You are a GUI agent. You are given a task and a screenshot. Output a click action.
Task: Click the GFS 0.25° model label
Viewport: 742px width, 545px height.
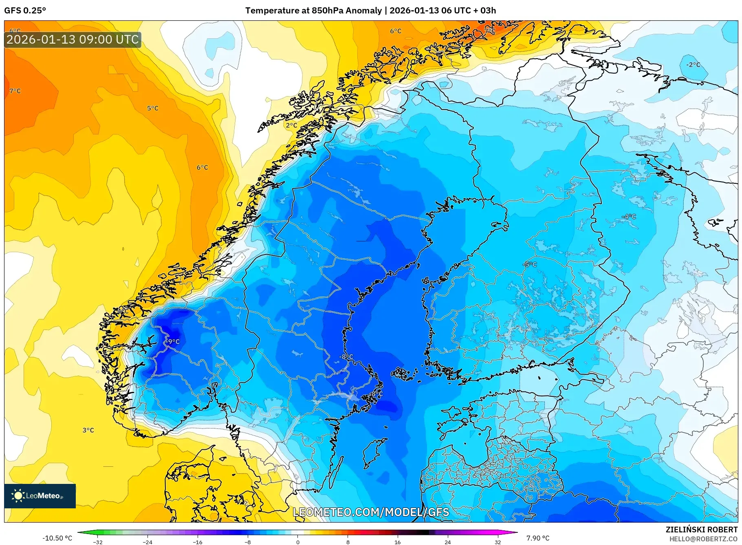[x=25, y=11]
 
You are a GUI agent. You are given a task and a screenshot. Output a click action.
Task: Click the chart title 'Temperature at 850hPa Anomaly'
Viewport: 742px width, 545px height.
[x=313, y=11]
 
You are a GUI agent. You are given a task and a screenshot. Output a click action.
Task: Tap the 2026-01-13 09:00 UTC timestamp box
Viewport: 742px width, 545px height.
[x=73, y=40]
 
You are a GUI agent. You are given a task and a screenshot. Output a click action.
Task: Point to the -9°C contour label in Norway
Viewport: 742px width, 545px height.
[x=173, y=341]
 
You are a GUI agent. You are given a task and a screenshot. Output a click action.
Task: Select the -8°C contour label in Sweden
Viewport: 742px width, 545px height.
[x=346, y=357]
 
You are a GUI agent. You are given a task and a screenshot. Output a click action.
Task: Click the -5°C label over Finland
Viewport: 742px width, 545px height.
[x=530, y=264]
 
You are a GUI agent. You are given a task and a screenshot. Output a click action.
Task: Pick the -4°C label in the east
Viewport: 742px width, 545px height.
[x=629, y=217]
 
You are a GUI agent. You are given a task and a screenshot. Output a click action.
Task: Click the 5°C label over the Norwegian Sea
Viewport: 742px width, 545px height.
[x=153, y=108]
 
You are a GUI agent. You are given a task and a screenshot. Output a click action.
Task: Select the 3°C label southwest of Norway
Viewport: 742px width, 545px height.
[x=88, y=430]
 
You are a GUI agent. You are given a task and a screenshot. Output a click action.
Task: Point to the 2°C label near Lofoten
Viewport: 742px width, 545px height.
[x=291, y=125]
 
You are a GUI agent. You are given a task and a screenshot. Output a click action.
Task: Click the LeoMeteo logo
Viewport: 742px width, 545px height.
[x=40, y=496]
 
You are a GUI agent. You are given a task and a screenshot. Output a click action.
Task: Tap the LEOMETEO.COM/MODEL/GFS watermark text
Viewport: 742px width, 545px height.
[x=371, y=512]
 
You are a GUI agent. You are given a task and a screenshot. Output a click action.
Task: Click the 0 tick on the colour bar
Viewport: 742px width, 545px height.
[x=298, y=542]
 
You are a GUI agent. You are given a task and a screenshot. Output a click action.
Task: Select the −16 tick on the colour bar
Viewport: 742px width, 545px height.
[x=198, y=542]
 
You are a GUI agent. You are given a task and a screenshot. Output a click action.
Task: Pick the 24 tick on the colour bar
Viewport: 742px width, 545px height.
[x=447, y=542]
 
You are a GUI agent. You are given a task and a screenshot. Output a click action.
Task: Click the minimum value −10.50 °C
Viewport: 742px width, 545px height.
[x=57, y=538]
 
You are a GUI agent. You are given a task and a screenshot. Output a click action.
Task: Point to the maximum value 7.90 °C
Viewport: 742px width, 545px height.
[x=537, y=538]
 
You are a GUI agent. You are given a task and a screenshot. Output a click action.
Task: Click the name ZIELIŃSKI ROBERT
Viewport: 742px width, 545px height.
[x=701, y=530]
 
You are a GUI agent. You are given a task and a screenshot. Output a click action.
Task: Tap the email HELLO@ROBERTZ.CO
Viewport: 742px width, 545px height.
[x=703, y=539]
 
